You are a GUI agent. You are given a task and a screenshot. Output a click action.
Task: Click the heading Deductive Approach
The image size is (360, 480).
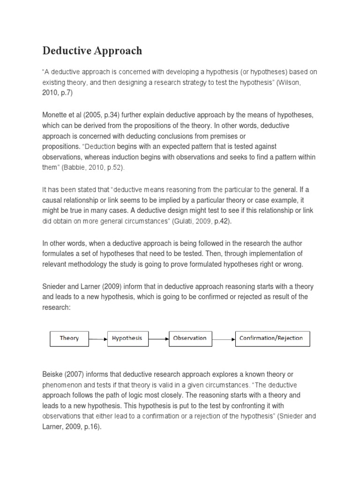92,51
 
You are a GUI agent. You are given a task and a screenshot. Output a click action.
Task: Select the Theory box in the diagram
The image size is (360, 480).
69,338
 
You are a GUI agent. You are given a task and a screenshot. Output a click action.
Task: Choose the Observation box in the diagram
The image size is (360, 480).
189,338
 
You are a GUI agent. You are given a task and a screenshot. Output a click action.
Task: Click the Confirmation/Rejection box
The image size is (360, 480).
271,338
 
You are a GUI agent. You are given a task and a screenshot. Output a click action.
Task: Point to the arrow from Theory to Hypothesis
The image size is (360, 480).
98,338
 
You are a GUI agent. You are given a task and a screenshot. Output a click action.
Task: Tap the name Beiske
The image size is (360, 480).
53,375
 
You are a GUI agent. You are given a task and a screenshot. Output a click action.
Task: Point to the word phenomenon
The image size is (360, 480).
63,385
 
